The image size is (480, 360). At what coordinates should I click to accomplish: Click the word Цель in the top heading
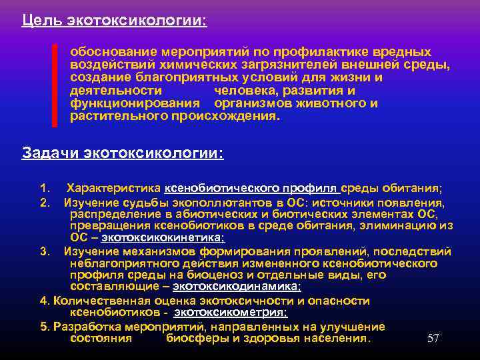click(41, 21)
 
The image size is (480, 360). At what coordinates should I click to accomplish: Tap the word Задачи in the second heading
click(51, 153)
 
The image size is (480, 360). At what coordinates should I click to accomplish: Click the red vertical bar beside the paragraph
click(55, 85)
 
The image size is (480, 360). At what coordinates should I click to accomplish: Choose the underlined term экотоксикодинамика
click(236, 287)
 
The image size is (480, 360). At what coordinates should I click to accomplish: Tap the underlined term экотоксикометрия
click(231, 312)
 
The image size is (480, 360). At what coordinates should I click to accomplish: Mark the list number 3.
click(45, 251)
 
